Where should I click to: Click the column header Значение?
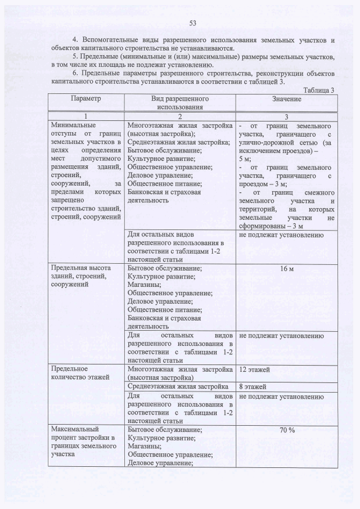286,99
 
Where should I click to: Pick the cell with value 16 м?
286,269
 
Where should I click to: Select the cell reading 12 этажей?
254,370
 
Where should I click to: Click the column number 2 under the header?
181,115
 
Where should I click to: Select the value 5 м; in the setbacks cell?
245,159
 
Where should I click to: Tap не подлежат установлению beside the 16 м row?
281,336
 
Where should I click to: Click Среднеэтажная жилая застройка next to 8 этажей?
177,386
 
